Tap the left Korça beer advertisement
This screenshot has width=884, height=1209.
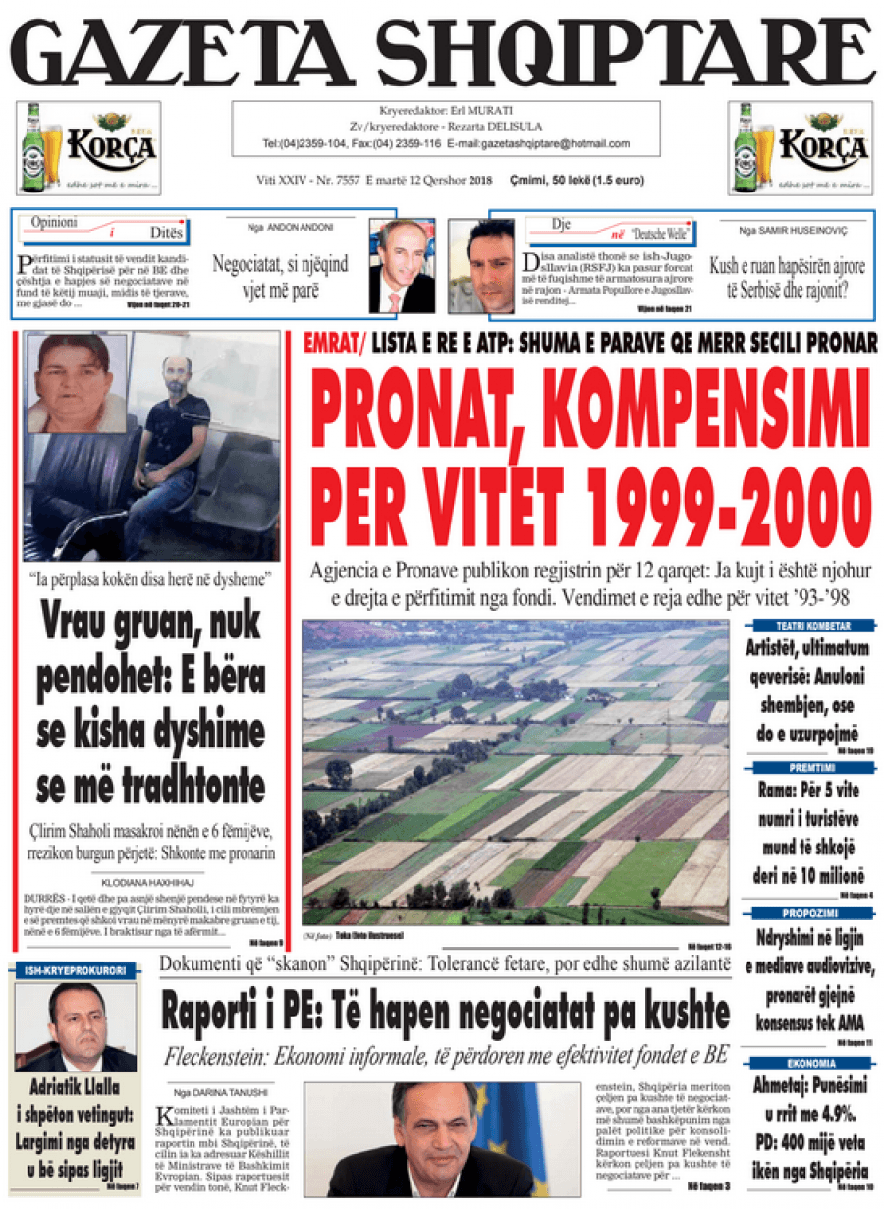click(x=88, y=147)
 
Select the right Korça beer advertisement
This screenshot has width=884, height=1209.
click(x=801, y=147)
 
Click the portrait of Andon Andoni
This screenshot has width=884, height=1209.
click(x=402, y=266)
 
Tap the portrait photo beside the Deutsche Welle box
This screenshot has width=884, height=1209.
click(x=481, y=266)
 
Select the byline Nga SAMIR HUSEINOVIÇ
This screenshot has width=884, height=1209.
click(x=793, y=227)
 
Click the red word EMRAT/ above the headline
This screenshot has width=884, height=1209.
click(x=335, y=344)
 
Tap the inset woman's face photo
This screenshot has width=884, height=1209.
click(x=75, y=383)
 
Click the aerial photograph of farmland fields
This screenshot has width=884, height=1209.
click(x=516, y=771)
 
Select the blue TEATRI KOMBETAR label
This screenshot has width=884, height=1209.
click(x=812, y=626)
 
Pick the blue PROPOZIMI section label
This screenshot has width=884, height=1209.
click(x=812, y=913)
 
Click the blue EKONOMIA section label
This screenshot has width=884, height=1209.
click(x=812, y=1063)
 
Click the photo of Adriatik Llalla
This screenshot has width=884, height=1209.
click(x=76, y=1026)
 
